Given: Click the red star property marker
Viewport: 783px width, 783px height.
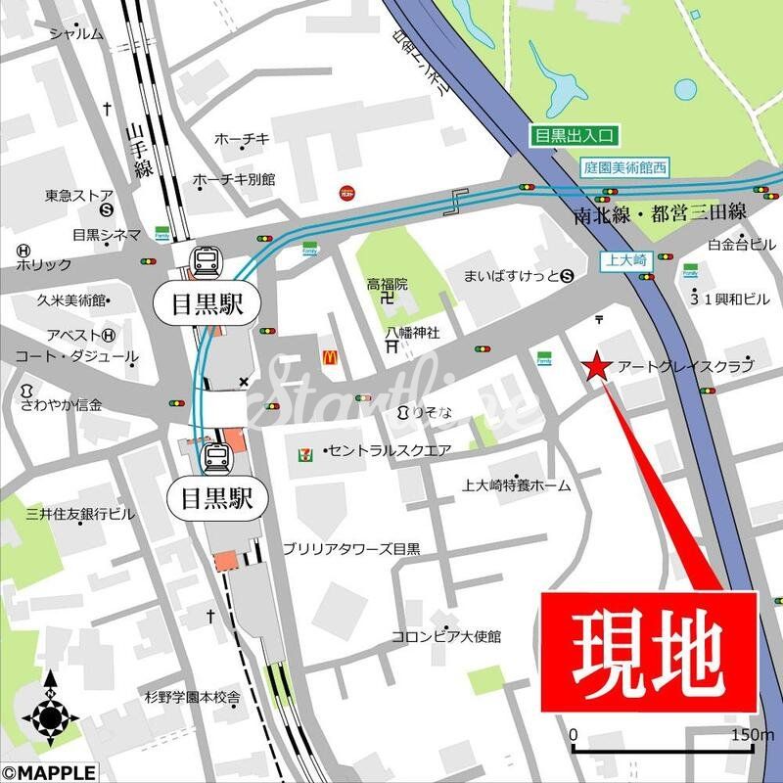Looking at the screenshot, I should pyautogui.click(x=597, y=367).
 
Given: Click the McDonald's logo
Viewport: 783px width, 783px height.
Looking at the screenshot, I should pyautogui.click(x=331, y=359).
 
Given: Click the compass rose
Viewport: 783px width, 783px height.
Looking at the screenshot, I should pyautogui.click(x=51, y=716).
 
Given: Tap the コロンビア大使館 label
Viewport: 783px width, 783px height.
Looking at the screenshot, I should pyautogui.click(x=446, y=636).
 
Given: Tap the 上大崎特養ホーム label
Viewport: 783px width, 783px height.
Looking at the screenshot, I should pyautogui.click(x=517, y=484).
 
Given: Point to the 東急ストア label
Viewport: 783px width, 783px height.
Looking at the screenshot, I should pyautogui.click(x=79, y=196).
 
